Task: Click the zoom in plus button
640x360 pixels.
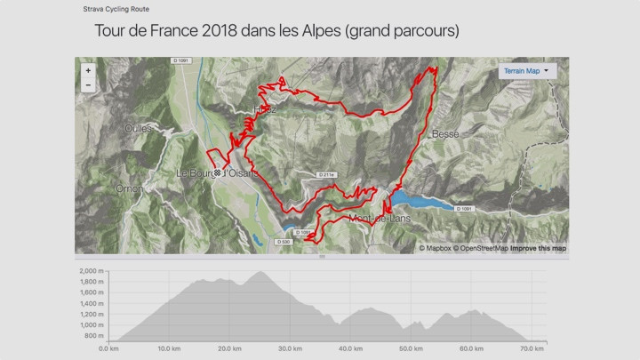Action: coord(87,70)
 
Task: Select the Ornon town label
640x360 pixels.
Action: coord(130,188)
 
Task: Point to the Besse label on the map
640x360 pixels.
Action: coord(444,134)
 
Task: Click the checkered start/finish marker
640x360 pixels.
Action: coord(216,172)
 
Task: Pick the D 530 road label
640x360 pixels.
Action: coord(284,242)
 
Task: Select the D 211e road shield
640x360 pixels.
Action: coord(325,174)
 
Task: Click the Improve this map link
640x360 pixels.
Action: coord(538,248)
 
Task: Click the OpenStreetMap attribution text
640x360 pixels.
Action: coord(481,248)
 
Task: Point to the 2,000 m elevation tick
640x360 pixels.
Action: coord(92,271)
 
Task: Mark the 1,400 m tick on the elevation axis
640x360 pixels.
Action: coord(92,304)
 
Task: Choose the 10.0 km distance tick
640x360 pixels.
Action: coord(168,348)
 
